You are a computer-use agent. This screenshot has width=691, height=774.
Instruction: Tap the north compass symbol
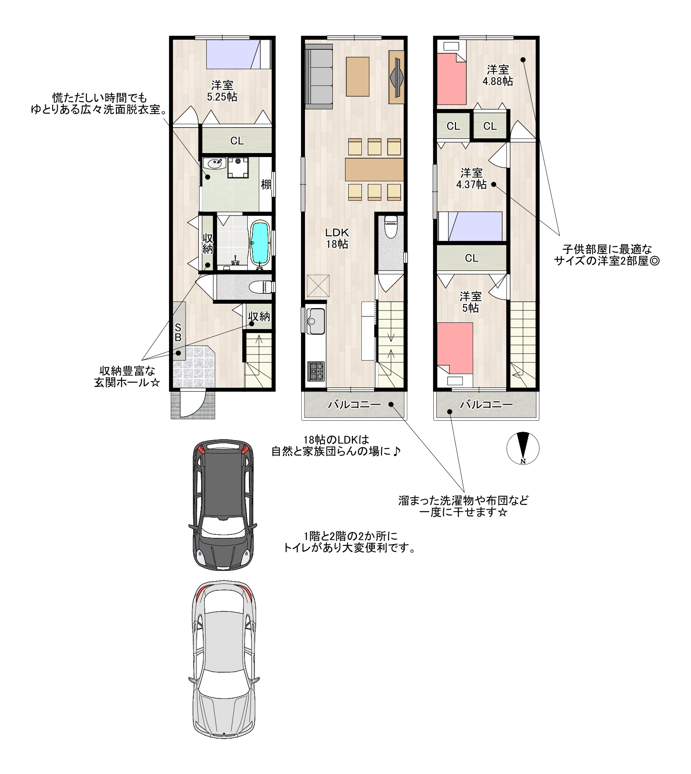(523, 448)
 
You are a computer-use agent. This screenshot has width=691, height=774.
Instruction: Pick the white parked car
(223, 660)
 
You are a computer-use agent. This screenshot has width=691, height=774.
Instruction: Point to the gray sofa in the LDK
(319, 76)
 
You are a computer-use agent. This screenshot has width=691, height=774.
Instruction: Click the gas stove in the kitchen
(316, 371)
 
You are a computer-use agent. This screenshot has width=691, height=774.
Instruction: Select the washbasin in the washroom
(214, 163)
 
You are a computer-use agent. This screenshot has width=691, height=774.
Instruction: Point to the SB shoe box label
(178, 332)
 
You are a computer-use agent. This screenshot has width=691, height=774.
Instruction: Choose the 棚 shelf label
(266, 184)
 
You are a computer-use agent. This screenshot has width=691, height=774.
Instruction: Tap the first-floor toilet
(261, 286)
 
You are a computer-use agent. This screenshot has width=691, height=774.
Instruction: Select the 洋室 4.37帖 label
(472, 178)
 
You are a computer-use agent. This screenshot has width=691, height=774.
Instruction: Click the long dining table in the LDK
(374, 169)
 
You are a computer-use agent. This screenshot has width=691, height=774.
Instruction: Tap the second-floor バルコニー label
(354, 405)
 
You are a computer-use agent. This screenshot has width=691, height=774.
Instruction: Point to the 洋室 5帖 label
(471, 302)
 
